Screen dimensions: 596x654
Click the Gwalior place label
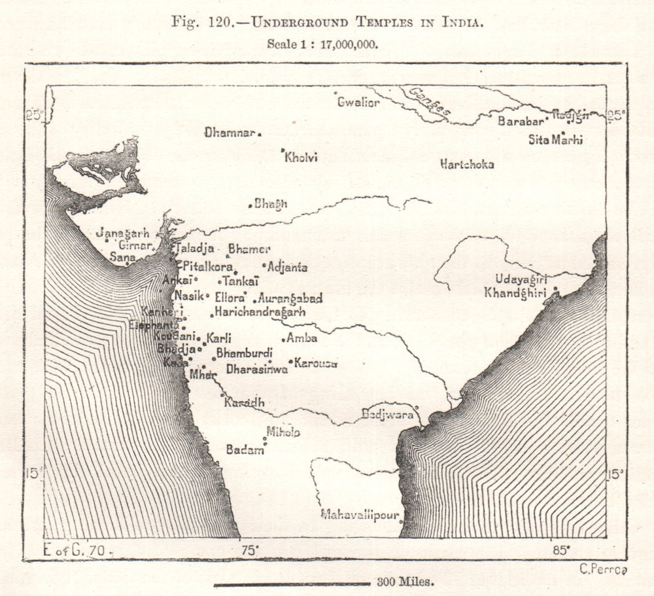(x=358, y=103)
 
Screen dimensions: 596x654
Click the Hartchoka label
(x=467, y=164)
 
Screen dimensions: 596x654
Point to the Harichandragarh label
(x=260, y=313)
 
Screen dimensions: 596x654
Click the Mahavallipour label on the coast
(x=360, y=515)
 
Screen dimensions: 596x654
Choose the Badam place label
(x=245, y=449)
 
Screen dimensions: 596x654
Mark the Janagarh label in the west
(x=122, y=233)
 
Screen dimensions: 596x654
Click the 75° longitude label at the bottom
(x=249, y=550)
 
